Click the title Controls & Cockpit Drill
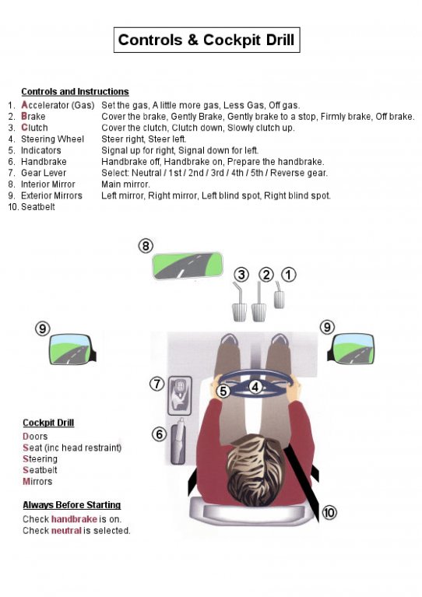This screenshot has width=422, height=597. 206,40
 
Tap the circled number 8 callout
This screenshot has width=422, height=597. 146,246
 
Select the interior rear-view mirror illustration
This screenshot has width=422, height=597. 188,265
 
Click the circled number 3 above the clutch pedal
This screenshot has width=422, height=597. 241,275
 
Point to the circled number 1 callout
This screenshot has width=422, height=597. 289,275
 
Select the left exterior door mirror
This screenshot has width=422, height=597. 72,349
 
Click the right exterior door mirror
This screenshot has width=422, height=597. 351,349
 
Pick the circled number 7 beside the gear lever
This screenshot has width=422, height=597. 157,384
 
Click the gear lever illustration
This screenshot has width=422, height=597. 179,395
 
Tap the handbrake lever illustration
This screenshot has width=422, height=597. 178,441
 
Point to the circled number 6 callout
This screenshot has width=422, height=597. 159,434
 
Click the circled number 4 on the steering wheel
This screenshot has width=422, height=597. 255,387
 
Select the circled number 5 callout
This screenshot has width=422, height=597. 223,391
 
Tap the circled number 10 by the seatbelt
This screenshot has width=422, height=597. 329,512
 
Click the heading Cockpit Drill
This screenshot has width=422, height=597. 48,423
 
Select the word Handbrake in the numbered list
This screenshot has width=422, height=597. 44,161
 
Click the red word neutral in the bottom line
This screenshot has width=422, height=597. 66,530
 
